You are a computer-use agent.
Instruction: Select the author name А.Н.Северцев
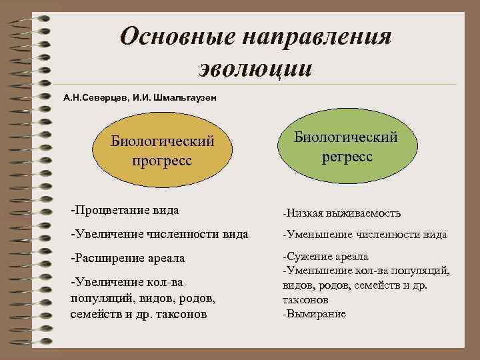tap(95, 98)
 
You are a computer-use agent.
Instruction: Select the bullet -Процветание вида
tap(125, 210)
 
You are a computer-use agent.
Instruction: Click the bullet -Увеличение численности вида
tap(159, 234)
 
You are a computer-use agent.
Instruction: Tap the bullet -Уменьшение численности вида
tap(365, 235)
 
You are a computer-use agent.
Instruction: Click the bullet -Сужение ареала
tap(325, 257)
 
